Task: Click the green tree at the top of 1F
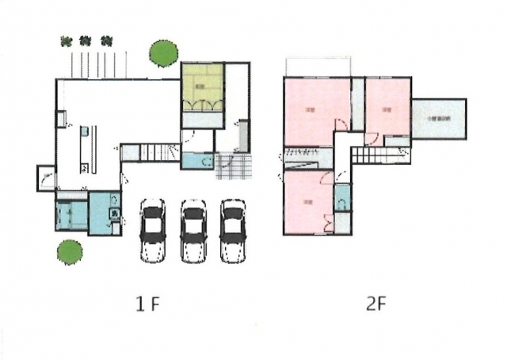tap(164, 53)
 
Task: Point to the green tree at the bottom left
tap(69, 252)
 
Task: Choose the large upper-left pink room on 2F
tap(317, 111)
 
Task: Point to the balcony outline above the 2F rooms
tap(317, 67)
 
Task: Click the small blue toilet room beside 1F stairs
tap(197, 161)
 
